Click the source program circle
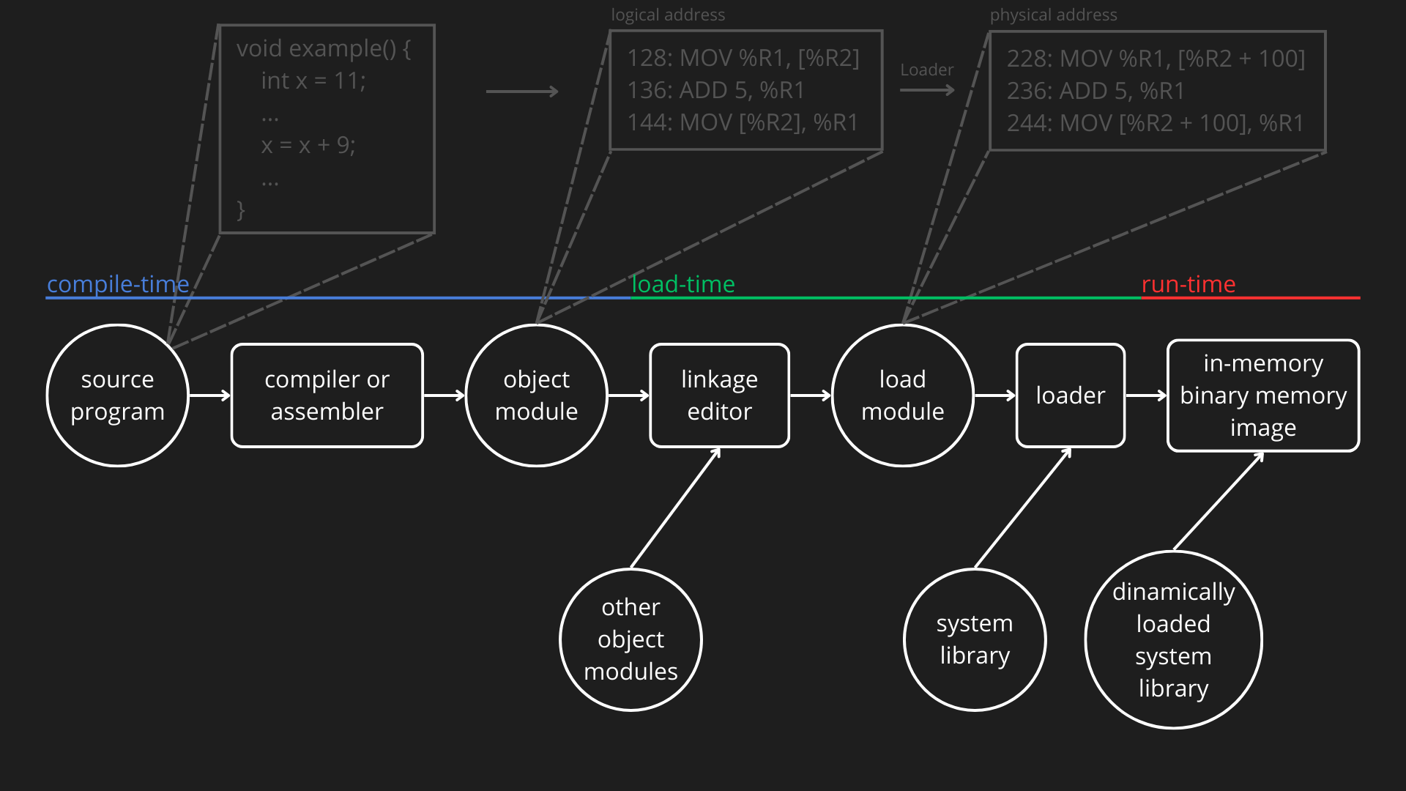(117, 395)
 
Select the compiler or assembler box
(327, 395)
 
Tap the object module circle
(536, 395)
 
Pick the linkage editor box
(719, 395)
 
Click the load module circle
(902, 395)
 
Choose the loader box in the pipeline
(1070, 395)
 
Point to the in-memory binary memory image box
(1262, 395)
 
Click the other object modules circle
(631, 639)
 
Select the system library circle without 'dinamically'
(975, 639)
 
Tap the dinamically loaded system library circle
(1173, 639)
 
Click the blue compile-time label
(118, 284)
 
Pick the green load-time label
(682, 284)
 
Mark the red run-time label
(1188, 284)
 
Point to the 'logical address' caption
(668, 15)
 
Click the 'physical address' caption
(1053, 15)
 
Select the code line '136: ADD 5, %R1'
(715, 90)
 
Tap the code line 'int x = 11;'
(313, 81)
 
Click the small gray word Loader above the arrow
(926, 70)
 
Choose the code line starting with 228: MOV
(1156, 59)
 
